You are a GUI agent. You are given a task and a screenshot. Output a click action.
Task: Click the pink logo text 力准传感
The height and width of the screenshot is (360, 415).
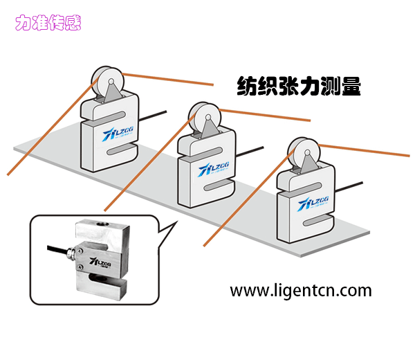point(48,22)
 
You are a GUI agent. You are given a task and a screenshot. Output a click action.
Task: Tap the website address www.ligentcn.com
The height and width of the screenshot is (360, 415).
point(300,290)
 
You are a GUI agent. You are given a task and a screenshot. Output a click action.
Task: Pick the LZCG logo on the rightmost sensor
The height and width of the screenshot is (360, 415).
point(307,202)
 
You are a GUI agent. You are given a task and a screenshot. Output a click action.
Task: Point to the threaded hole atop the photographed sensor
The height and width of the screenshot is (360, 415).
point(103,226)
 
